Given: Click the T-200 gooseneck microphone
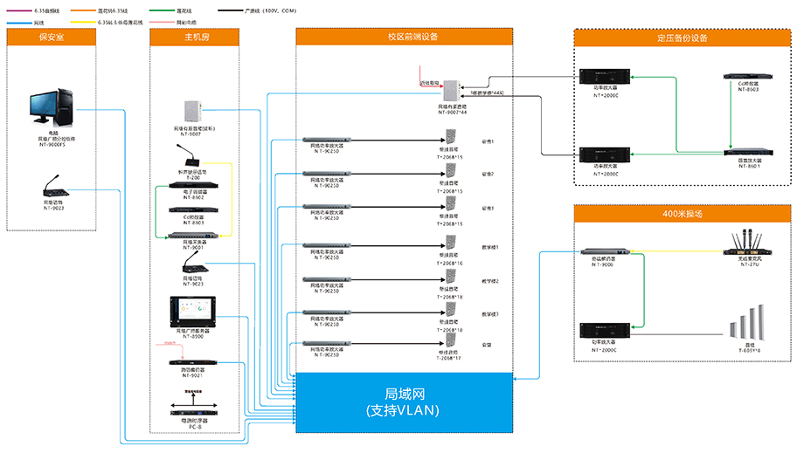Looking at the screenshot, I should [x=194, y=158].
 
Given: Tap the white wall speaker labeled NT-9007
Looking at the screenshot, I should [x=193, y=111].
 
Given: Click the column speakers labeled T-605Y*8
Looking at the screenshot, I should [x=748, y=330].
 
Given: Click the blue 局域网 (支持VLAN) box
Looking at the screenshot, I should [x=403, y=402].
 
